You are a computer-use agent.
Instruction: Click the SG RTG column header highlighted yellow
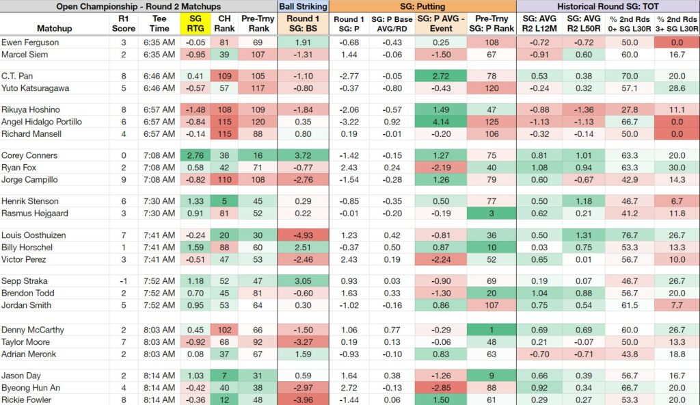195,24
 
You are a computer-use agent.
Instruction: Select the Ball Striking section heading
303,6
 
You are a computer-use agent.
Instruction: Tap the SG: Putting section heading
422,6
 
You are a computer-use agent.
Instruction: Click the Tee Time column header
159,24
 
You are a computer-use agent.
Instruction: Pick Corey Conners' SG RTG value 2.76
195,155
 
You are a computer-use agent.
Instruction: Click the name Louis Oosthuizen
33,235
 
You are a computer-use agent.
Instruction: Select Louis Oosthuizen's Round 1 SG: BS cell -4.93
303,235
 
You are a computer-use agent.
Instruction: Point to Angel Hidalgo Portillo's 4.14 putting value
441,122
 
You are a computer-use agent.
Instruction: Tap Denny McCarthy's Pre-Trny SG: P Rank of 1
492,330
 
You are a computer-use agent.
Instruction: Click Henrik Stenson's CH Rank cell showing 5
224,201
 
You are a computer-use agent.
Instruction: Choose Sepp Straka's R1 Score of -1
124,281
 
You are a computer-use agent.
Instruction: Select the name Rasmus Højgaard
35,213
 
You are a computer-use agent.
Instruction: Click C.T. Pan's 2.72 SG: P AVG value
441,76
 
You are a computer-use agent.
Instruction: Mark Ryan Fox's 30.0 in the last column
677,168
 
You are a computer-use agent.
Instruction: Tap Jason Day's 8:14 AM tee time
159,376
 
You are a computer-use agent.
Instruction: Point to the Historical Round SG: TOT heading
608,6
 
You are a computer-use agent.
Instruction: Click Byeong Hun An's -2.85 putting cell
441,388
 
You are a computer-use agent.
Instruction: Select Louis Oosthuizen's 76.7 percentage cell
630,235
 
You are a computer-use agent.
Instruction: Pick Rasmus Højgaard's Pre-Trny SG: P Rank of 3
492,213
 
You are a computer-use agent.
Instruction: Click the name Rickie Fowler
27,400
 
